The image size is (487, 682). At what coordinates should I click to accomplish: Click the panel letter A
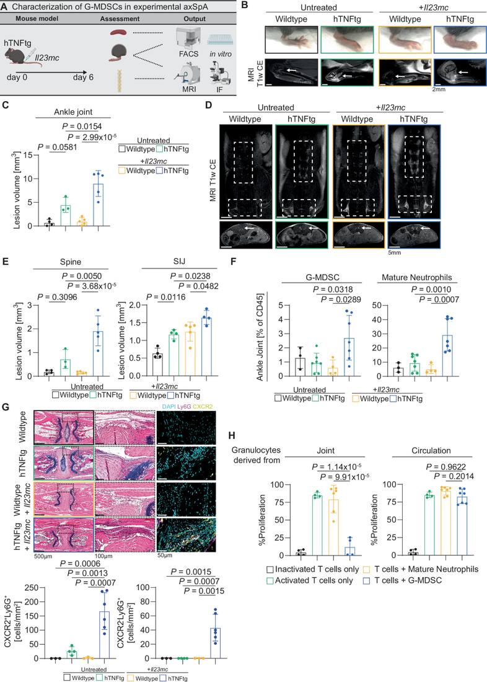5,7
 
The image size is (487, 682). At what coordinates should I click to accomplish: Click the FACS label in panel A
188,54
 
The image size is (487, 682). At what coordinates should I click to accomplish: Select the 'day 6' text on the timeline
83,77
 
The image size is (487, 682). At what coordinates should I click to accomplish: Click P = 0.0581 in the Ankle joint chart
58,147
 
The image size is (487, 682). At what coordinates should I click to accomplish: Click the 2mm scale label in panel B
439,89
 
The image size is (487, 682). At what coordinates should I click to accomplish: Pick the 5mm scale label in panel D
395,252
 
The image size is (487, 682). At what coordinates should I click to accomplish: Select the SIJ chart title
178,262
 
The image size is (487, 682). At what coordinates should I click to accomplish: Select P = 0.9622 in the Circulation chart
445,467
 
